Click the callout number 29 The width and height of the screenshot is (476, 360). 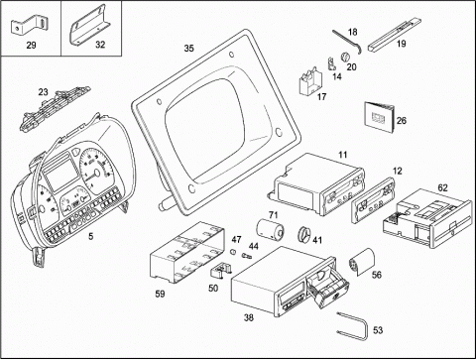31,45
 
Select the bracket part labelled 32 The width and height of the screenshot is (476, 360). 89,27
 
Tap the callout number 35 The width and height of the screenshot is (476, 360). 188,49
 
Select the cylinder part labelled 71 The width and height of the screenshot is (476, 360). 271,230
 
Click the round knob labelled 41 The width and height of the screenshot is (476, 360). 304,234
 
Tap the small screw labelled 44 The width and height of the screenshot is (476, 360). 247,255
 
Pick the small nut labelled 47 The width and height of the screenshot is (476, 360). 233,252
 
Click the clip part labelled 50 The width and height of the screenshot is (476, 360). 220,269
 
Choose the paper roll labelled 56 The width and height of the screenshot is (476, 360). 362,262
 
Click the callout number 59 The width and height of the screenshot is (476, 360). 160,294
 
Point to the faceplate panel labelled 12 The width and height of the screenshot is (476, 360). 374,200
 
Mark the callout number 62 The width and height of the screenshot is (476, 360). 442,187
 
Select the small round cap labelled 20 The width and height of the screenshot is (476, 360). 345,57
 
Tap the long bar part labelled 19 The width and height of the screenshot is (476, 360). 395,36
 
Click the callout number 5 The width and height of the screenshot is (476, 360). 91,236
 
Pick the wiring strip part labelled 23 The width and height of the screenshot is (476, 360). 55,106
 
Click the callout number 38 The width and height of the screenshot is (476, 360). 249,317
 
